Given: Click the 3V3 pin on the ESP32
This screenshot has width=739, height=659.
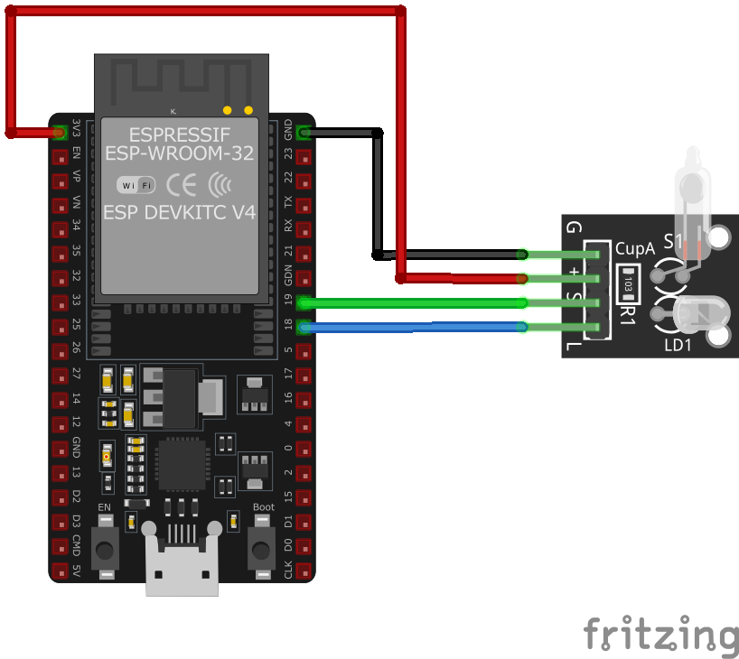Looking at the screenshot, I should coord(60,133).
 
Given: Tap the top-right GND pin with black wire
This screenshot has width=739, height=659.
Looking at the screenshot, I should coord(304,133).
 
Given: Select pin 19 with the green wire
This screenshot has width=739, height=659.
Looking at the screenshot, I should coord(304,302).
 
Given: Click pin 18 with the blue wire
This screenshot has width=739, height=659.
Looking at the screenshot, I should coord(304,327).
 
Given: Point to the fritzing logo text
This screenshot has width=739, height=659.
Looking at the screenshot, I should coord(659,636).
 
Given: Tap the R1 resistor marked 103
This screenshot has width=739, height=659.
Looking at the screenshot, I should coord(628,284).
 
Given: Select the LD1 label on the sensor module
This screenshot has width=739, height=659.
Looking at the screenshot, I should coord(678,346).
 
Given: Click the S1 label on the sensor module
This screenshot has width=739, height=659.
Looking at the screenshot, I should coord(674,241).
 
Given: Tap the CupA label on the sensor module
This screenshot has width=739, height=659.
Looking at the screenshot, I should coord(635,248).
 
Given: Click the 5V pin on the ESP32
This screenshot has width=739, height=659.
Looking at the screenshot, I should coord(60,571).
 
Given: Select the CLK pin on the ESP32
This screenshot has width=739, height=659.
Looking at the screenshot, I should coord(304,571).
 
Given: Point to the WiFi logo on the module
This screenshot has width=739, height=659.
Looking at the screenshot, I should coord(136,185).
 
